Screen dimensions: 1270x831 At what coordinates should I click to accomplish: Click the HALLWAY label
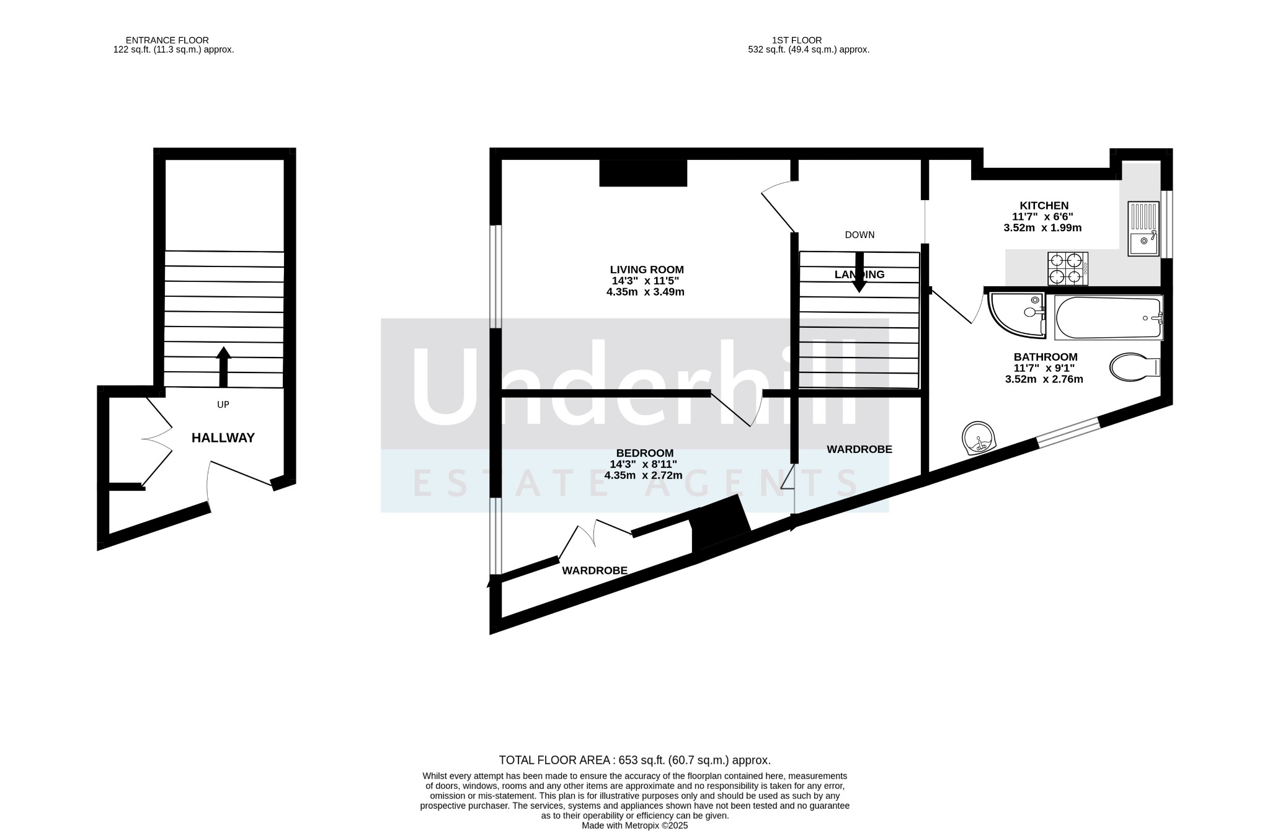click(223, 438)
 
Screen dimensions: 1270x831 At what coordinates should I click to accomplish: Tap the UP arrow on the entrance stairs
click(223, 366)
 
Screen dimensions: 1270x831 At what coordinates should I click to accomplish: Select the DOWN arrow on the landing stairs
click(859, 272)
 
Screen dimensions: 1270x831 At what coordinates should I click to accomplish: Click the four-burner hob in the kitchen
click(1068, 268)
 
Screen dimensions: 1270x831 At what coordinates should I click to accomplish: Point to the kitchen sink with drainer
click(1143, 229)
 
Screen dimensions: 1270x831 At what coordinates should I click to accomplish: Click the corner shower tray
click(1018, 315)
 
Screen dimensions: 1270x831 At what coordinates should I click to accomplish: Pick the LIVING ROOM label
click(647, 270)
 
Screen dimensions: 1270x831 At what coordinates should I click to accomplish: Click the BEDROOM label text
click(645, 453)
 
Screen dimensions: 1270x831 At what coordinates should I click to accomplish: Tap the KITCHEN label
click(1044, 206)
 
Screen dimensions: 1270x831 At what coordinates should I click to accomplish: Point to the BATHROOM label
click(1046, 357)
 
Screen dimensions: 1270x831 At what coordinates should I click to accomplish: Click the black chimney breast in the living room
click(643, 173)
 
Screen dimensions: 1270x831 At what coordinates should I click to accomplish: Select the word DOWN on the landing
click(859, 235)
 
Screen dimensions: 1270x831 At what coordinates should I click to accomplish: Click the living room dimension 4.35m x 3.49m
click(646, 292)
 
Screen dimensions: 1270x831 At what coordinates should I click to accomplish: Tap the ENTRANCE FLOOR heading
click(167, 40)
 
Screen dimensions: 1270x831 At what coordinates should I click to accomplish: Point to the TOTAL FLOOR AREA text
click(635, 760)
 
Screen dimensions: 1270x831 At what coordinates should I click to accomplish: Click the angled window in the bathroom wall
click(1068, 432)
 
